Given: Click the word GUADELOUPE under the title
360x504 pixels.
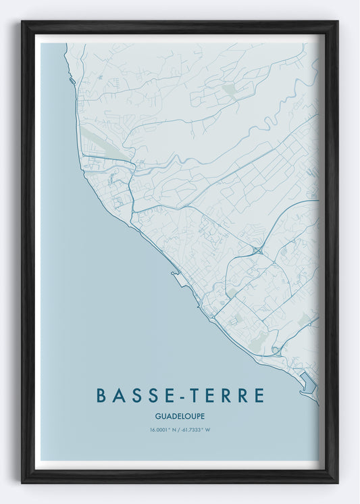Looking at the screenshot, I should pos(180,415).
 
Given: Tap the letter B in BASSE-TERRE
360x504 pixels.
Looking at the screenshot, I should pos(101,395).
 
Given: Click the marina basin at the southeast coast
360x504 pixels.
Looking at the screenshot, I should pos(308,382).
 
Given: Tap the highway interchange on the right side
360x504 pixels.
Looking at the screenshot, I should pos(257,251).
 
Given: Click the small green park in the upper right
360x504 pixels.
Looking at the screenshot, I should pos(231,91).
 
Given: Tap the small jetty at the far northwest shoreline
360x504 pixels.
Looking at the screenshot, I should pos(72,80).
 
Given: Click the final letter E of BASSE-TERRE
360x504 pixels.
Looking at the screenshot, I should pos(259,395).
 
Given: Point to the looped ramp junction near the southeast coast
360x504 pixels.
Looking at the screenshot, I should pos(276,350).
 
